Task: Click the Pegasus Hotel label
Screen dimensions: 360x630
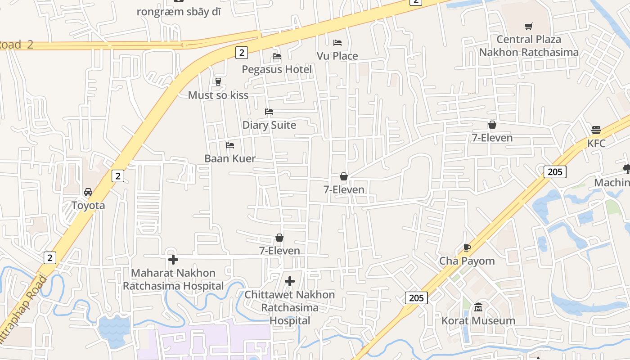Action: click(276, 69)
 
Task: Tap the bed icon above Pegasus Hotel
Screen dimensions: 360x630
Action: click(277, 56)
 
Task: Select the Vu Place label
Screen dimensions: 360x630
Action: click(337, 56)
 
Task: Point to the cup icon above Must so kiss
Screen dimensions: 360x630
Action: click(218, 81)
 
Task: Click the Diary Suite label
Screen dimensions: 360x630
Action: click(269, 125)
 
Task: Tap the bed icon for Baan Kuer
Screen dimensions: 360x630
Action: click(230, 145)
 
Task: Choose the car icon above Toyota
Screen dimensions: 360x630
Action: click(88, 192)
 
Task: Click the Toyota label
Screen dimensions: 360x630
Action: click(88, 206)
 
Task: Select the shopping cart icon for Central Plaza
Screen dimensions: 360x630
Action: click(529, 27)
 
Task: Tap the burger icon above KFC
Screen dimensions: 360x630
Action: click(596, 130)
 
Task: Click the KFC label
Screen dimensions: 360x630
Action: click(596, 144)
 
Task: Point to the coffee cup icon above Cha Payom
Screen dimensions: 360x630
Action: click(467, 247)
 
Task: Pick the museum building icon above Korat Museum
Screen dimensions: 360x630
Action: click(478, 307)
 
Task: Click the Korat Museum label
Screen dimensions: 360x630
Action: click(478, 321)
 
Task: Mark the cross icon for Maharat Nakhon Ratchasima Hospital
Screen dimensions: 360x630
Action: click(173, 260)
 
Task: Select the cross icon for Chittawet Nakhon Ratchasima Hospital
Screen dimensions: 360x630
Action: click(290, 281)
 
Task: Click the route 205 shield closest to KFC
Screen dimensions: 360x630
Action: click(555, 171)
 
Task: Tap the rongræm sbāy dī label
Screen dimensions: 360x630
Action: click(179, 12)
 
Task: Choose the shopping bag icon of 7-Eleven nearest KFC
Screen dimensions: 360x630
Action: click(492, 125)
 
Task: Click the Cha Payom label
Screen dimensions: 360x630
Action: click(467, 261)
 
